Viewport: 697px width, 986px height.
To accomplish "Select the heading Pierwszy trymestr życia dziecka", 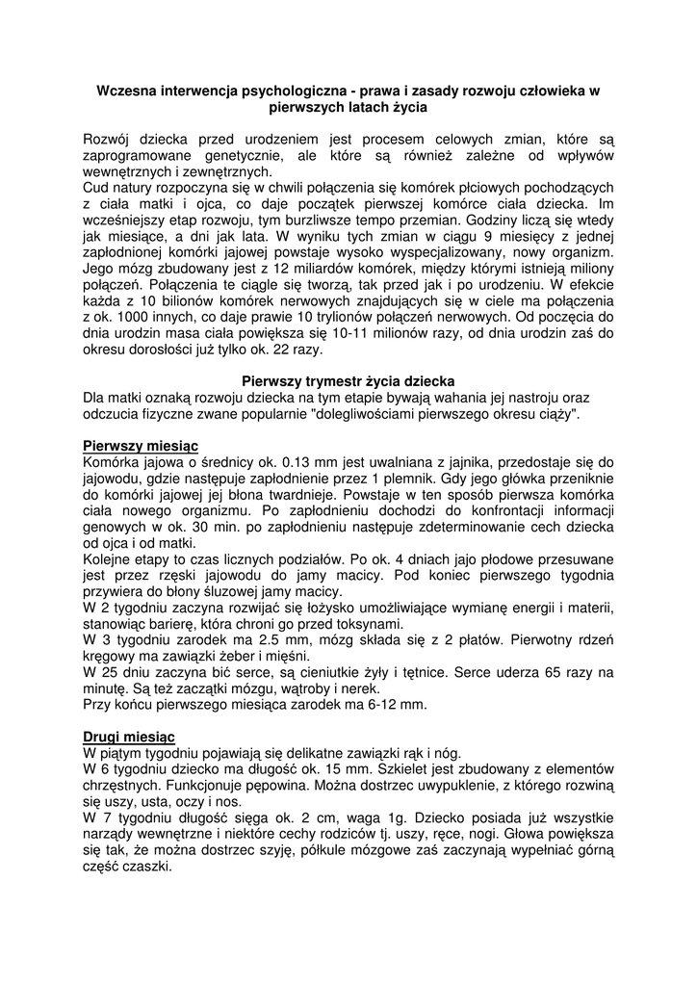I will [348, 380].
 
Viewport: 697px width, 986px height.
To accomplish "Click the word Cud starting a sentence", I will [97, 188].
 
